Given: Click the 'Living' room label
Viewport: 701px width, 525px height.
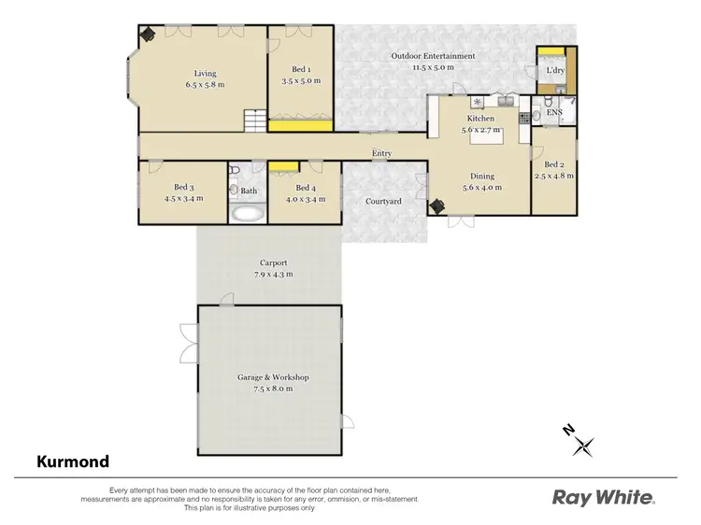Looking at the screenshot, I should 204,72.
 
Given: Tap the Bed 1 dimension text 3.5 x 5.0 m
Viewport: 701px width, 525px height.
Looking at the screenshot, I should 301,82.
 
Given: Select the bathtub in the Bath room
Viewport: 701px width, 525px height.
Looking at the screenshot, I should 248,213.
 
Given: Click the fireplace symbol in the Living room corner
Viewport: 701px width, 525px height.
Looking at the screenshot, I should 148,34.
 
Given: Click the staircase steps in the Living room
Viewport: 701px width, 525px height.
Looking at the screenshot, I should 253,121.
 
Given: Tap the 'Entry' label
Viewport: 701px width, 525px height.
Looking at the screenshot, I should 381,153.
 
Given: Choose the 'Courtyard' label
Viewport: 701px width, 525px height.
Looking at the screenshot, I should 383,201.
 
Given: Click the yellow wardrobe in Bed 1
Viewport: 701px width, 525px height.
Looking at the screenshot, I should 301,124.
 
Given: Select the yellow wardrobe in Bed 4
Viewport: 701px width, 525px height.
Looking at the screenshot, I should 284,167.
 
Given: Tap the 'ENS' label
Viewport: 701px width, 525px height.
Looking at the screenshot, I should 554,113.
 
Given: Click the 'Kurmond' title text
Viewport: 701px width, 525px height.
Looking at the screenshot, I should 73,461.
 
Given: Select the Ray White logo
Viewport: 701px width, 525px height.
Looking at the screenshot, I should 603,497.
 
